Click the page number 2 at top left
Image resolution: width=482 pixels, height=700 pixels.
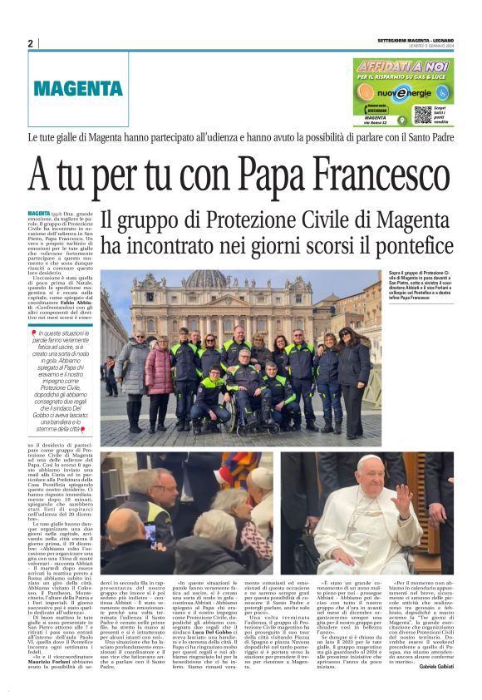(x=30, y=44)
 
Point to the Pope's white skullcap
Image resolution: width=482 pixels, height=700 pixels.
(x=369, y=460)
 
